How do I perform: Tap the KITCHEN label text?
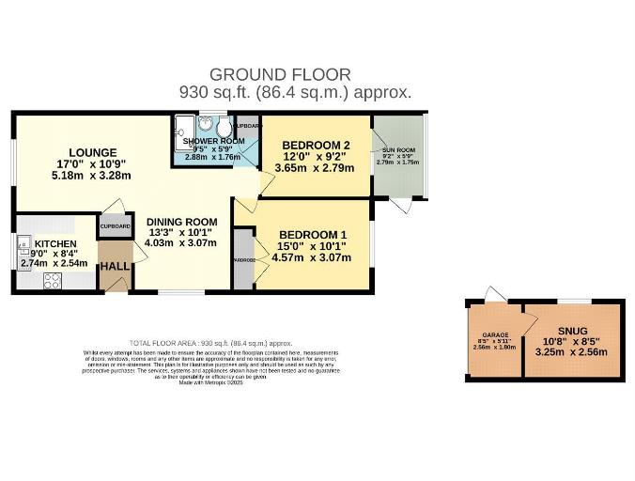(x=54, y=243)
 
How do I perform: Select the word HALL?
(x=116, y=267)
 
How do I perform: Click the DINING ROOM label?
(x=180, y=222)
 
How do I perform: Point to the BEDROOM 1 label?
(x=313, y=235)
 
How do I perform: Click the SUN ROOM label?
(x=397, y=150)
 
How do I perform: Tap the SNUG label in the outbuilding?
(x=572, y=331)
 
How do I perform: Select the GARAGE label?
(x=495, y=334)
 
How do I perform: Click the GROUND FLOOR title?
(x=280, y=74)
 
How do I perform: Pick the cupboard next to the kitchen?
(x=115, y=226)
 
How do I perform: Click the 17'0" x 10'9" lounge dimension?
(x=91, y=163)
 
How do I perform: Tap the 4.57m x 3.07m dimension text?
(x=311, y=257)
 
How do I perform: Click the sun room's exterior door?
(x=401, y=205)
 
